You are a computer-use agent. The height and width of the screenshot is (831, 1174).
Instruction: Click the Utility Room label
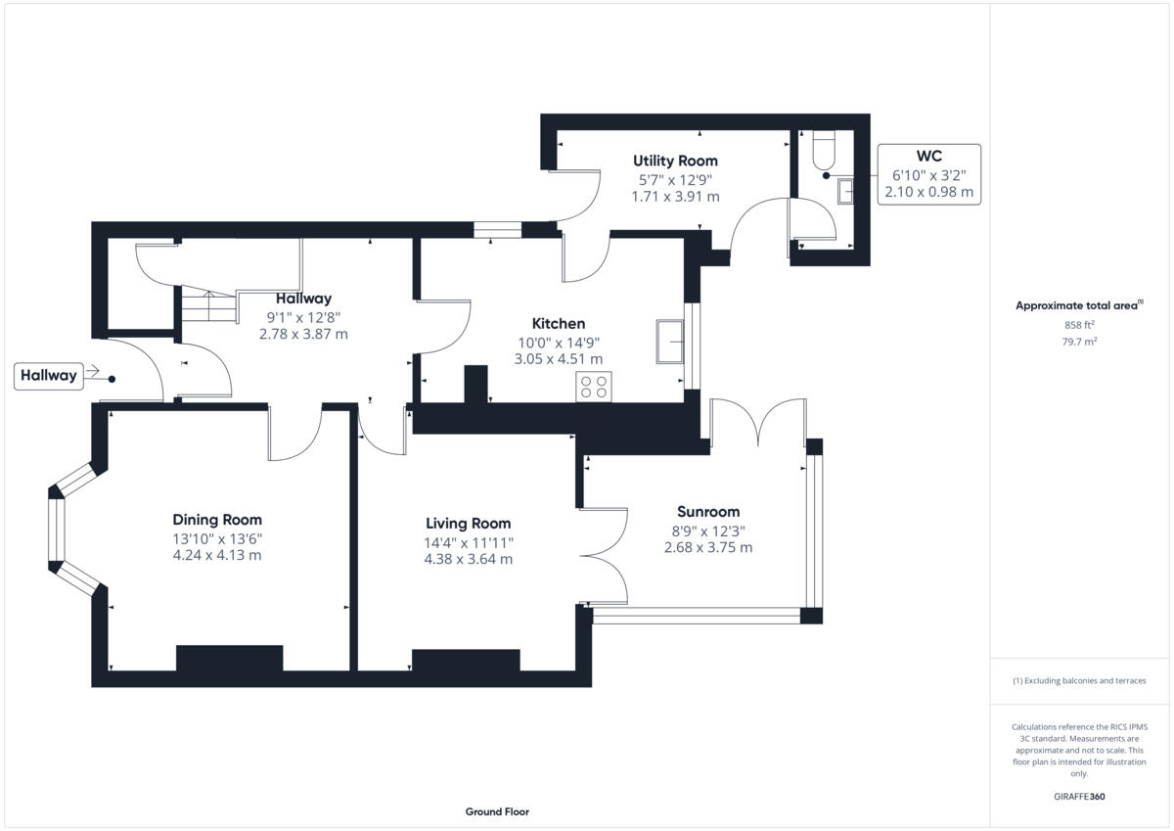coord(675,161)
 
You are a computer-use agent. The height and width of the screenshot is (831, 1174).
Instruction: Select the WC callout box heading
coord(928,157)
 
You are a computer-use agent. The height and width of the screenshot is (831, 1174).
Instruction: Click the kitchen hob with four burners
coord(594,387)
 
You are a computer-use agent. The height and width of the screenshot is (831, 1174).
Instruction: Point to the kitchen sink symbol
coord(671,340)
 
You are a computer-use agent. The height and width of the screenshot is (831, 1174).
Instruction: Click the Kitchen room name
coord(558,324)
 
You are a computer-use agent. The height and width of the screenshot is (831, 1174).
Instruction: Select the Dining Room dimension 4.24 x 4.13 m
coord(217,556)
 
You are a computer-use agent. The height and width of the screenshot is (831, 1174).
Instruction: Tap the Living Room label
coord(468,524)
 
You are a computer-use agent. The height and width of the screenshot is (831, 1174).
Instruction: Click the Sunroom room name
coord(708,512)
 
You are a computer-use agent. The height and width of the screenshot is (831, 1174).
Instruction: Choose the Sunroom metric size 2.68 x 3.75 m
coord(708,548)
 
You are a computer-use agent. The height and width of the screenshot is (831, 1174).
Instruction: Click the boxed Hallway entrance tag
coord(47,376)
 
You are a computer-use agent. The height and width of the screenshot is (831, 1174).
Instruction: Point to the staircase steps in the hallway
coord(208,306)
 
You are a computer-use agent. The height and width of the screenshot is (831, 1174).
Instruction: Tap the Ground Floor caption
coord(497,811)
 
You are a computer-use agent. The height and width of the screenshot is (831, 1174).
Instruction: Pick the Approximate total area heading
coord(1076,305)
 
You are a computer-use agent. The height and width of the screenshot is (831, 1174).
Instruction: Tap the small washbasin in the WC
coord(845,192)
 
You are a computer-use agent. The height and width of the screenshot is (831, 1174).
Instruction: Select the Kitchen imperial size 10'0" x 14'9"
coord(558,343)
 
